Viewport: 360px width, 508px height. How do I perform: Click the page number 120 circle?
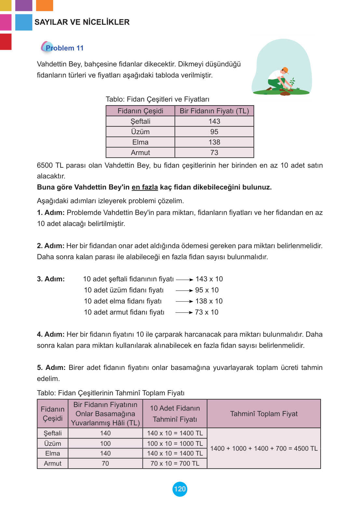pyautogui.click(x=180, y=489)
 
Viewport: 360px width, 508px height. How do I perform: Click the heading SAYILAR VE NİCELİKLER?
pyautogui.click(x=82, y=22)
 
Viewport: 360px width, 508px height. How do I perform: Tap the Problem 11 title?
pyautogui.click(x=64, y=48)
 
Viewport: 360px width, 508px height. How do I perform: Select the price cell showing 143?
pyautogui.click(x=214, y=121)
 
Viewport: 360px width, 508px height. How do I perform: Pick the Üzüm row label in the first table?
pyautogui.click(x=140, y=132)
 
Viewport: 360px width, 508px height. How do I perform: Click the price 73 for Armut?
pyautogui.click(x=214, y=153)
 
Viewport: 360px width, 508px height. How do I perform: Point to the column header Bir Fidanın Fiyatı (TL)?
pyautogui.click(x=214, y=111)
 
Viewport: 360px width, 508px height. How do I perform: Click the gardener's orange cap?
pyautogui.click(x=285, y=70)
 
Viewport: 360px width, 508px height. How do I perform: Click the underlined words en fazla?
pyautogui.click(x=145, y=187)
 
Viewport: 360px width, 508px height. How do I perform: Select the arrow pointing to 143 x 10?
pyautogui.click(x=185, y=280)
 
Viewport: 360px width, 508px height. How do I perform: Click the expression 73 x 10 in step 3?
pyautogui.click(x=207, y=312)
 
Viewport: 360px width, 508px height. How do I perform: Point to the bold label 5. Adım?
pyautogui.click(x=51, y=368)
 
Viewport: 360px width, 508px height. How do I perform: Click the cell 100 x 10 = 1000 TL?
pyautogui.click(x=175, y=444)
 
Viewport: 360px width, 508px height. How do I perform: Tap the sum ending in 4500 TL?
pyautogui.click(x=264, y=448)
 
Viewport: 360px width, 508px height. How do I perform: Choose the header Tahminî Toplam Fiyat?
pyautogui.click(x=264, y=414)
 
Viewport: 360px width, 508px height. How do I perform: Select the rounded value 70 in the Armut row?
pyautogui.click(x=105, y=463)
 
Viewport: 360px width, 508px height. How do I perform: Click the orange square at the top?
pyautogui.click(x=44, y=5)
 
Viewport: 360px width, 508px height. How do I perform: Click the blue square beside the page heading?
pyautogui.click(x=24, y=22)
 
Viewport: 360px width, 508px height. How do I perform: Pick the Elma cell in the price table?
pyautogui.click(x=140, y=142)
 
